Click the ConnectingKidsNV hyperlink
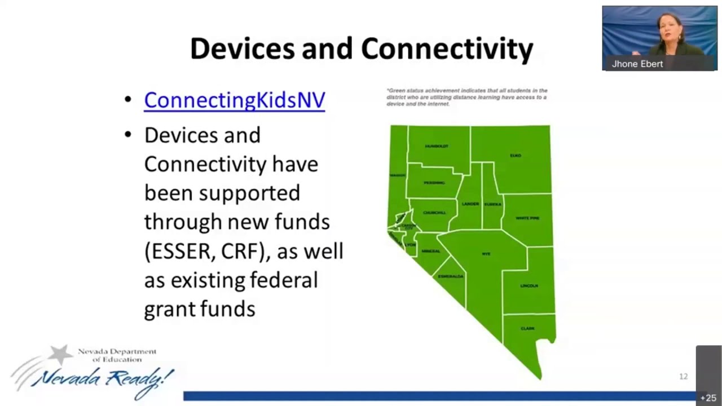point(234,100)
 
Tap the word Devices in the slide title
point(242,48)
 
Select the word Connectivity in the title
point(447,48)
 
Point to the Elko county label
point(515,155)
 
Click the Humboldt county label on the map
point(437,146)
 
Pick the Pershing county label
point(434,183)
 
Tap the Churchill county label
point(434,213)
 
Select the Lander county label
point(470,204)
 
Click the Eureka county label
point(492,204)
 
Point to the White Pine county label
point(527,218)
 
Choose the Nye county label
point(486,254)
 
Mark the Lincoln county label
point(529,286)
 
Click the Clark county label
point(527,328)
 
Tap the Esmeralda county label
point(451,276)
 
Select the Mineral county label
point(430,251)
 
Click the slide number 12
point(683,376)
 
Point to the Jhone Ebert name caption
point(637,64)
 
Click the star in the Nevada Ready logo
point(60,354)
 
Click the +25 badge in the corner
point(708,398)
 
